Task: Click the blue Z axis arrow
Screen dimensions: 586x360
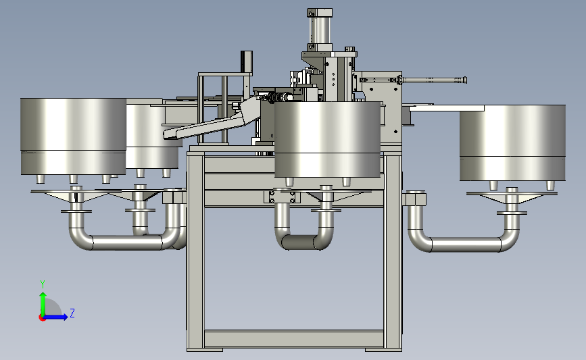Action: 55,317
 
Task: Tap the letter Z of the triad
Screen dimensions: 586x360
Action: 72,313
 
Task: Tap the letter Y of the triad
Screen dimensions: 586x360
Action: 43,284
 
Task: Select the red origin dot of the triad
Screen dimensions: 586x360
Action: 42,318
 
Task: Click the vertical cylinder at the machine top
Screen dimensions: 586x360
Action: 320,30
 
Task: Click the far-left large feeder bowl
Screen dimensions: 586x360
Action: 73,136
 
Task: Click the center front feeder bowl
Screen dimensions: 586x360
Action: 327,139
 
